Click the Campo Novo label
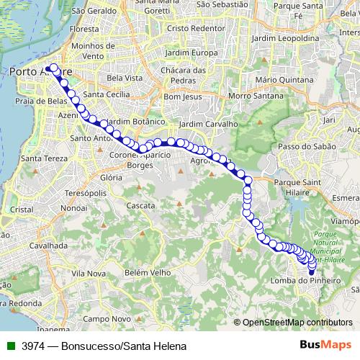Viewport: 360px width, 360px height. coord(106,318)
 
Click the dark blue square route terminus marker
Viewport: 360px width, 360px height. coord(312,272)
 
